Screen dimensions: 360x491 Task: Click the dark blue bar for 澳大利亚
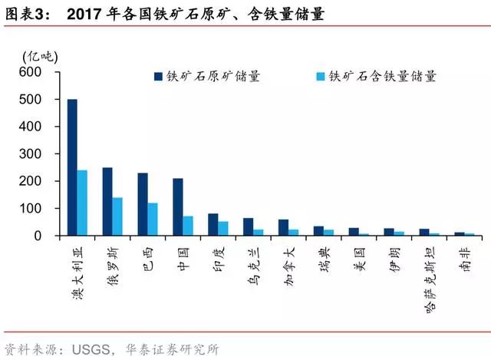click(x=72, y=167)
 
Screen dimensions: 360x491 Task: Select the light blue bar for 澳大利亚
click(x=82, y=203)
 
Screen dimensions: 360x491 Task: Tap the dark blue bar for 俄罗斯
click(x=107, y=201)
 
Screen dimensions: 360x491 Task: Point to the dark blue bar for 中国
click(x=178, y=206)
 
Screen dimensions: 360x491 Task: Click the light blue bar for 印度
click(x=223, y=228)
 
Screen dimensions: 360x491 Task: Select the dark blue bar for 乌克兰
click(x=248, y=226)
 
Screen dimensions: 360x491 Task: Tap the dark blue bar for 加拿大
click(x=283, y=227)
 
